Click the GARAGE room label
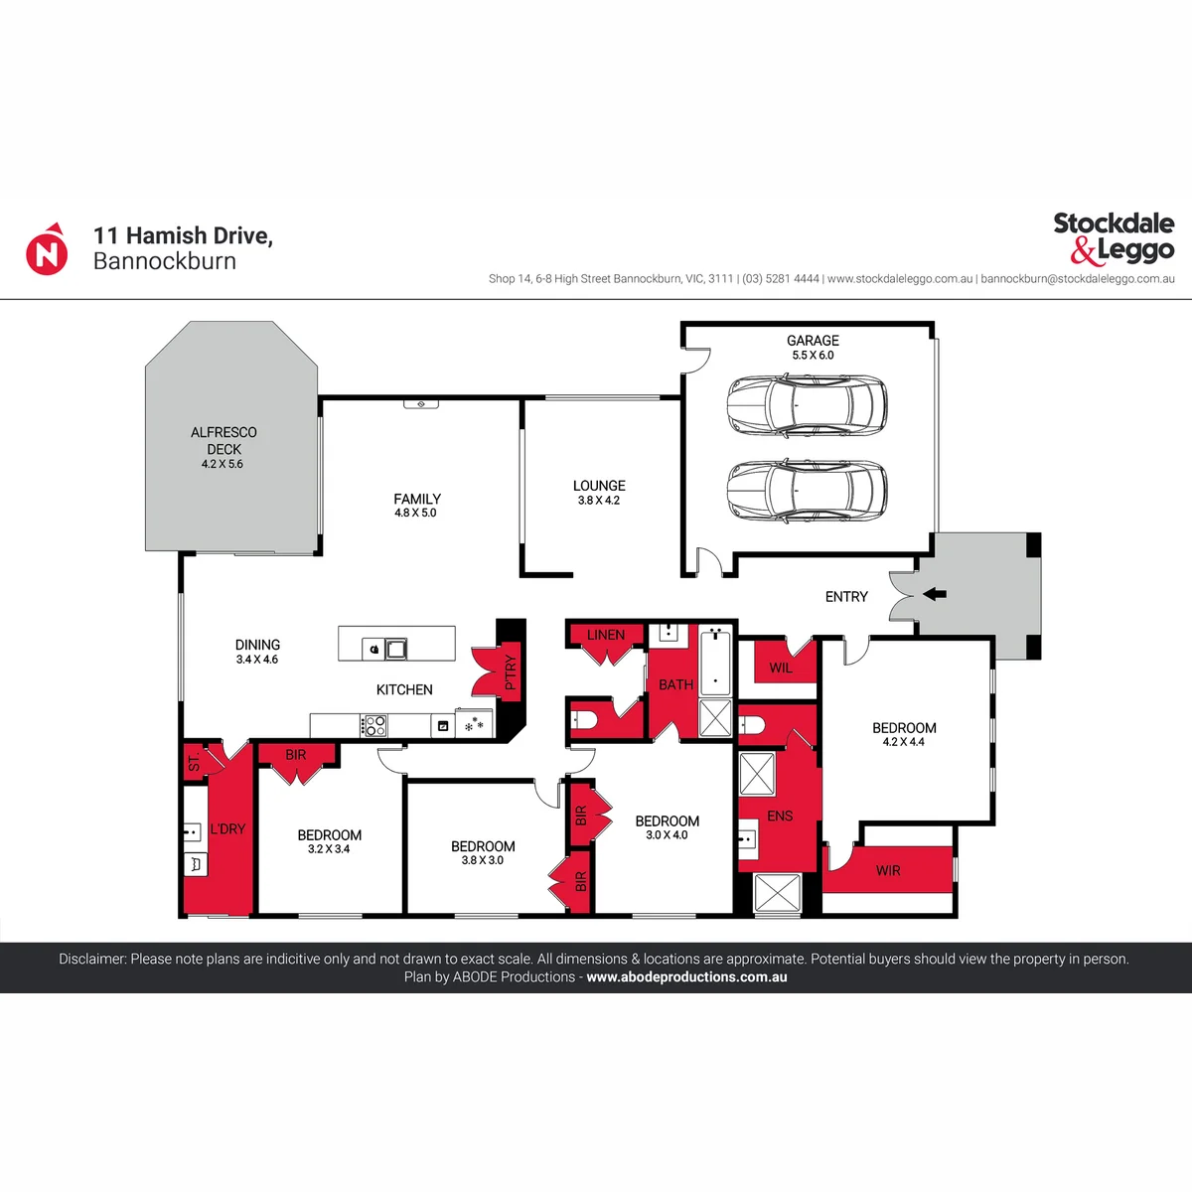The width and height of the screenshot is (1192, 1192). [x=813, y=341]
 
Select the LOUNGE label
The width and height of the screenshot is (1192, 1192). [x=599, y=486]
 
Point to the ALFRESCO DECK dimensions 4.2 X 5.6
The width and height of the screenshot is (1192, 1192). [x=223, y=464]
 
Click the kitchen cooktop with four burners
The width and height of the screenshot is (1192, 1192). [x=373, y=725]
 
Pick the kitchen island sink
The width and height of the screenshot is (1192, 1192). [x=396, y=649]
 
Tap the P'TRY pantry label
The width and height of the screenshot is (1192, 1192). [x=511, y=672]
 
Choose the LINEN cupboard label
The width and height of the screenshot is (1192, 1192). [x=606, y=635]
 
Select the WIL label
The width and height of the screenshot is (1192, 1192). [x=781, y=668]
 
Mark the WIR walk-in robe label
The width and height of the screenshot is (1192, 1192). [x=888, y=870]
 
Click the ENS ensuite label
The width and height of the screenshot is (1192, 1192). [x=780, y=816]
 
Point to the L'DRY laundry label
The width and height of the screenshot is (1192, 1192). [x=227, y=828]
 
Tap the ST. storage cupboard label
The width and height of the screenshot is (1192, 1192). [x=194, y=762]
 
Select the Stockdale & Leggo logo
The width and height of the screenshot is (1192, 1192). [x=1114, y=238]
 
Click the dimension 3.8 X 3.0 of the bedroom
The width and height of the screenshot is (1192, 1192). [x=483, y=860]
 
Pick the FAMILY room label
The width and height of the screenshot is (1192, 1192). [x=417, y=499]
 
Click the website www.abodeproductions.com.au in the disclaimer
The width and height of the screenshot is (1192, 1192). [x=686, y=976]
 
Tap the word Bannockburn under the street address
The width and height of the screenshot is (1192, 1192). [x=165, y=261]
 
